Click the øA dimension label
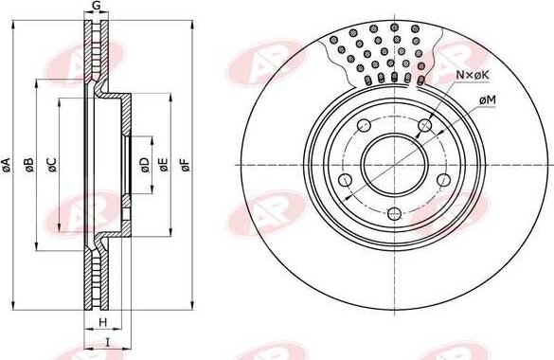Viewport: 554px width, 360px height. [x=6, y=165]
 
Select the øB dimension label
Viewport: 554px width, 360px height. [x=29, y=165]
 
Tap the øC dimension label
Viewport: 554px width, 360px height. [x=51, y=165]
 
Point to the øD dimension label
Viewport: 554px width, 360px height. [x=145, y=165]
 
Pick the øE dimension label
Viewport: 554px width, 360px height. [x=163, y=165]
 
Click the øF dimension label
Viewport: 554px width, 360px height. [x=185, y=165]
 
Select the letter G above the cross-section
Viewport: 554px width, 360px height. [x=96, y=6]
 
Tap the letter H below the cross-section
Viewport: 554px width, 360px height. [x=102, y=322]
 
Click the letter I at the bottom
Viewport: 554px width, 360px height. [x=108, y=342]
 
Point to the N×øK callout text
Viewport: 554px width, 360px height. [x=473, y=75]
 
